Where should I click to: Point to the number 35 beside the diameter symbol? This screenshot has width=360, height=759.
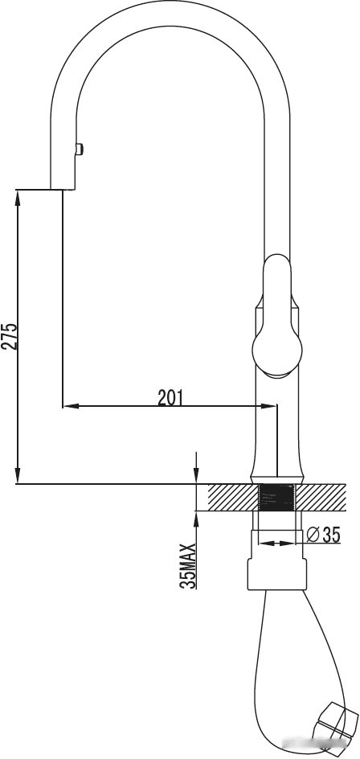tap(332, 533)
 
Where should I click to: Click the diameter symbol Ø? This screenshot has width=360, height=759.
tap(313, 533)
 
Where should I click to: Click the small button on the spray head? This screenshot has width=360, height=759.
tap(79, 148)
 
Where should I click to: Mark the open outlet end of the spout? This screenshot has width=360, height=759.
tap(63, 189)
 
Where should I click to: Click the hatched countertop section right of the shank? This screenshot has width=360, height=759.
tap(321, 498)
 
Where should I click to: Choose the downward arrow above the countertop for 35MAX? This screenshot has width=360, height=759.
tap(196, 478)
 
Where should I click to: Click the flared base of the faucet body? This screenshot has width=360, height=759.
tap(277, 470)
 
